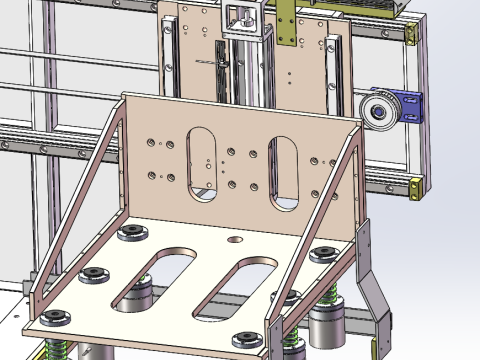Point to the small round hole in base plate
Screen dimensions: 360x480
point(235,240)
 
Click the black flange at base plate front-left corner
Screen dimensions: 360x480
point(55,318)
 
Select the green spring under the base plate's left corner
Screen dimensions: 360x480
point(57,350)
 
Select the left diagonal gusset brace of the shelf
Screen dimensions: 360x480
point(75,200)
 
